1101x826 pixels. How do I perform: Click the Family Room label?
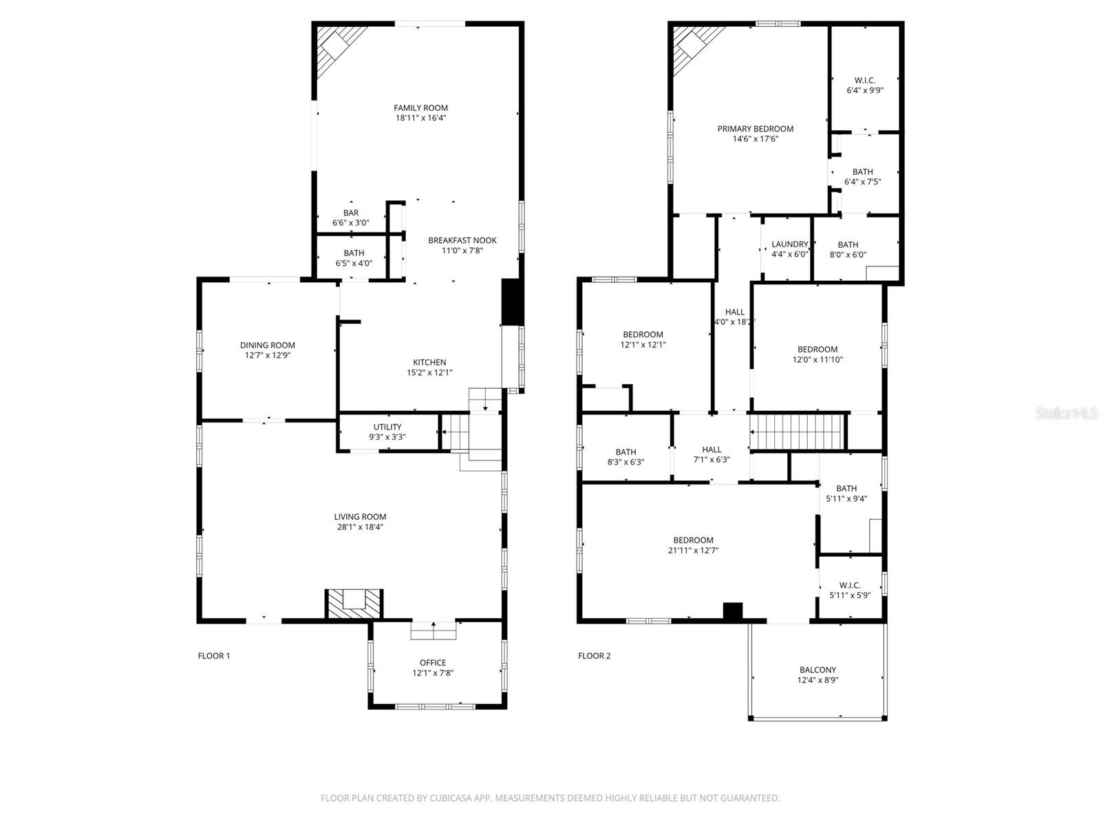point(420,107)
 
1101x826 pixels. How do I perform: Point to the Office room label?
point(433,663)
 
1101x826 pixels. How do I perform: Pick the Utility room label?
point(387,427)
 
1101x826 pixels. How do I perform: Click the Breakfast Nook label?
point(462,240)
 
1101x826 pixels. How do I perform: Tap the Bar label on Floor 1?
point(351,213)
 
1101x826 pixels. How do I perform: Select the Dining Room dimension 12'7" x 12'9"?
point(268,356)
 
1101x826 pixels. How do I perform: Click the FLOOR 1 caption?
point(214,656)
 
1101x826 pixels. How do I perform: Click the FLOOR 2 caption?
point(594,656)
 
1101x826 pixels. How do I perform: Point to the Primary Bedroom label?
point(756,129)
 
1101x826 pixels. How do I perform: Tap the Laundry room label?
point(789,244)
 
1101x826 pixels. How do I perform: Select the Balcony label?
point(817,670)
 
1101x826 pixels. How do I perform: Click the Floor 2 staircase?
point(797,432)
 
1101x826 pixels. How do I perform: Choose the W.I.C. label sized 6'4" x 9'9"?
point(865,81)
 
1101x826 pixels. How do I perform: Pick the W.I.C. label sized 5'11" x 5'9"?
point(850,585)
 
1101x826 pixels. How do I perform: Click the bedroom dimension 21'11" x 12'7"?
point(693,551)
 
